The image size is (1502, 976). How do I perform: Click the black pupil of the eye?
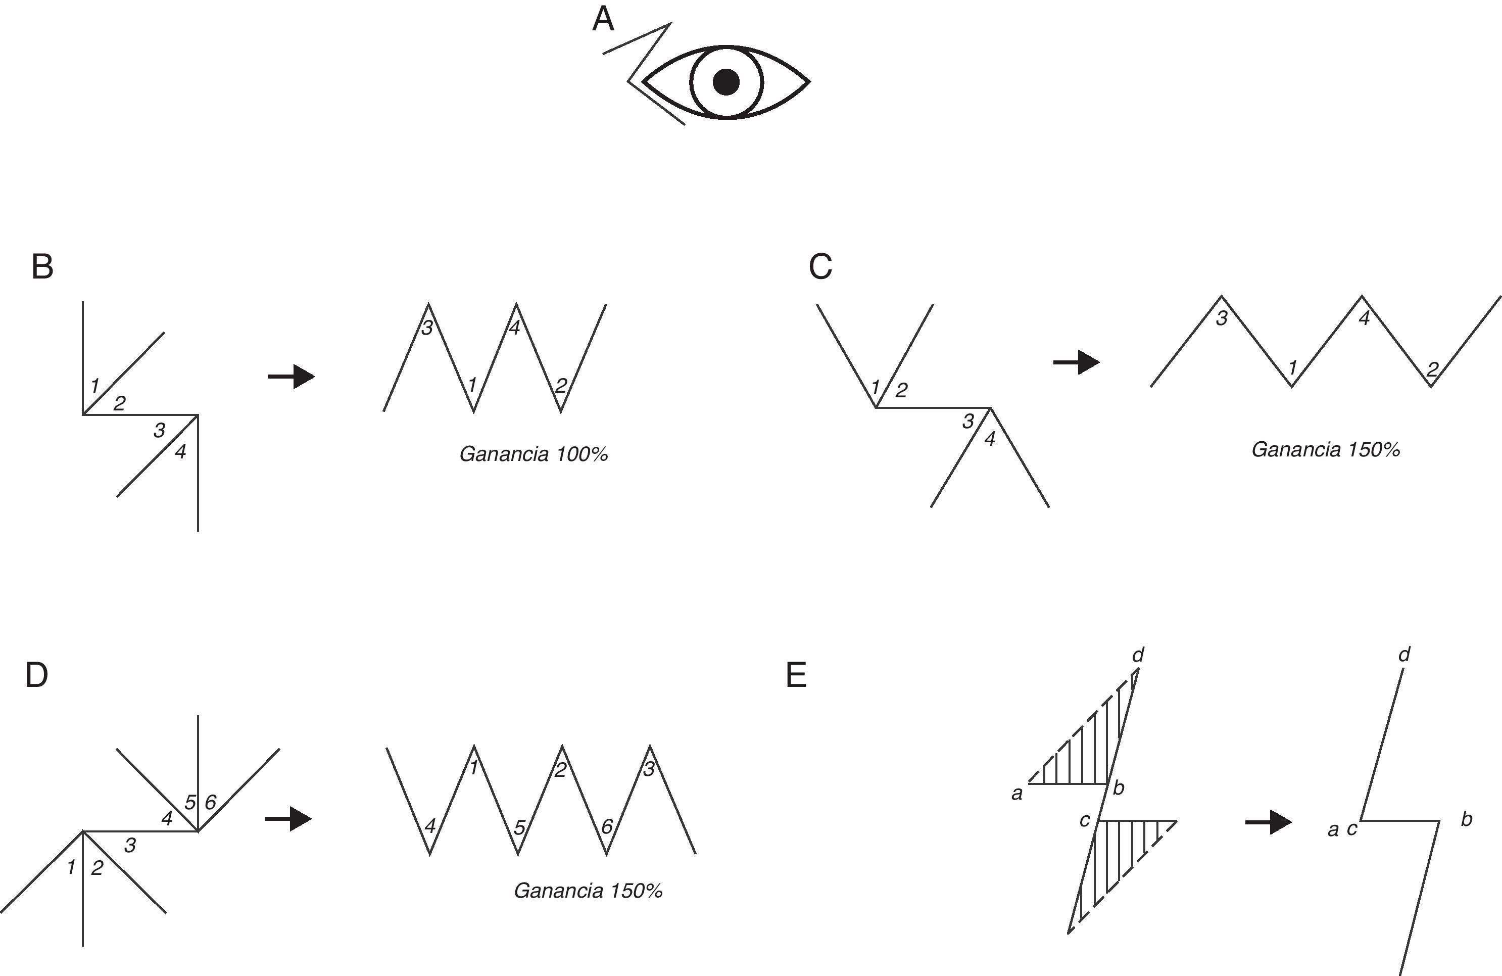click(x=726, y=82)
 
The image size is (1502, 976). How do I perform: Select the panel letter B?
click(x=42, y=267)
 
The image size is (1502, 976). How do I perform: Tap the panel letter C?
click(x=820, y=267)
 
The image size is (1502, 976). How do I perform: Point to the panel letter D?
click(x=36, y=675)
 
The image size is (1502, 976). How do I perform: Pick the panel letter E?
click(x=796, y=675)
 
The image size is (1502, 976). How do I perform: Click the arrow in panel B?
click(x=292, y=377)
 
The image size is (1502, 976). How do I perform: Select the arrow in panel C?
click(x=1077, y=362)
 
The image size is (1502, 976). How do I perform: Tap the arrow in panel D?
click(x=288, y=819)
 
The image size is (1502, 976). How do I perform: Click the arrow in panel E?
click(x=1269, y=822)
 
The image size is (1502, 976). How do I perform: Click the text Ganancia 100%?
click(x=534, y=454)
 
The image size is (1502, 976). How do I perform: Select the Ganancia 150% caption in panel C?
click(x=1326, y=449)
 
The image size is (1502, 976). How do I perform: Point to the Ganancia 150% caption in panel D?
click(x=588, y=891)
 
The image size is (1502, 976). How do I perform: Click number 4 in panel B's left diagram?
click(x=180, y=451)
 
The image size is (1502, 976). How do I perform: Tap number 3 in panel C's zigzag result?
click(x=1222, y=319)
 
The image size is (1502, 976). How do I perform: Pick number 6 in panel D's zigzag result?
click(x=606, y=826)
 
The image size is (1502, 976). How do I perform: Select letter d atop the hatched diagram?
click(x=1138, y=655)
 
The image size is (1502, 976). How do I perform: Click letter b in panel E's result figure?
click(x=1467, y=819)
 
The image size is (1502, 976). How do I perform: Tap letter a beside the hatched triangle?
click(x=1016, y=794)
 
